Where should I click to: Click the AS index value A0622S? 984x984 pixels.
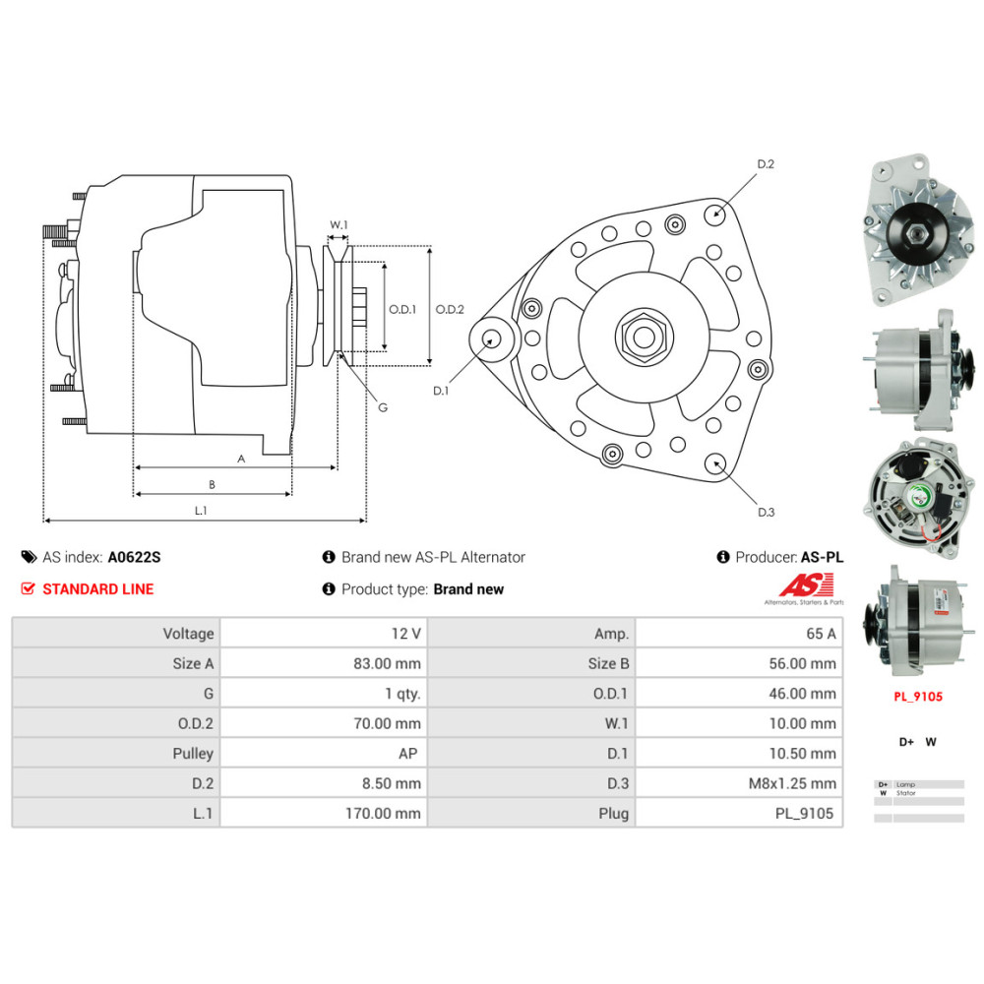click(134, 557)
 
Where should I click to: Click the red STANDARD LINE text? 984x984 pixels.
click(97, 589)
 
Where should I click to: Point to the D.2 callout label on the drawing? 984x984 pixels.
click(765, 164)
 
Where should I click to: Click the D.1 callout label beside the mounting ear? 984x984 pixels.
click(441, 391)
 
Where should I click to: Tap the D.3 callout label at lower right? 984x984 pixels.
click(766, 512)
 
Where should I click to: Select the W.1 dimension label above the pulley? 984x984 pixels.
click(338, 225)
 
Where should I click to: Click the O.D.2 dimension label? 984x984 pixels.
click(450, 309)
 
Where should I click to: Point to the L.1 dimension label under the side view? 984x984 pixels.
click(200, 510)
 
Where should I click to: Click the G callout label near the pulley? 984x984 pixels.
click(383, 406)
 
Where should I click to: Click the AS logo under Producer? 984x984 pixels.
click(804, 588)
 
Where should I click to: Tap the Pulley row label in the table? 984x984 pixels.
click(192, 754)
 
